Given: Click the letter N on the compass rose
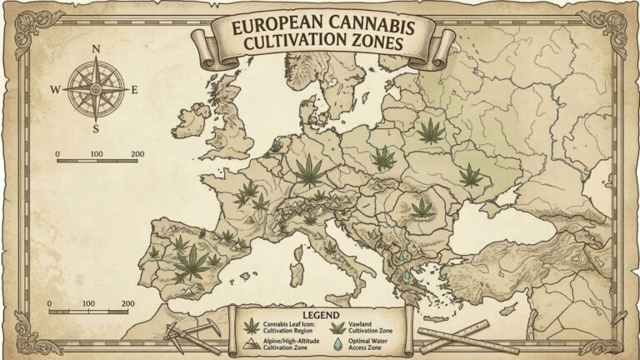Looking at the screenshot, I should (x=96, y=49).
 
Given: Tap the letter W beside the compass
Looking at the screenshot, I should (x=56, y=88).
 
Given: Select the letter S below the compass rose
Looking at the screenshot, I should (x=96, y=129).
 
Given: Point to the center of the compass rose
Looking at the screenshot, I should (x=96, y=89).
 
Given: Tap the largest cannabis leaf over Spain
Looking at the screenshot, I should (x=193, y=262).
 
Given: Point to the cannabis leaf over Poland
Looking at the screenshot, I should (x=382, y=157).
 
